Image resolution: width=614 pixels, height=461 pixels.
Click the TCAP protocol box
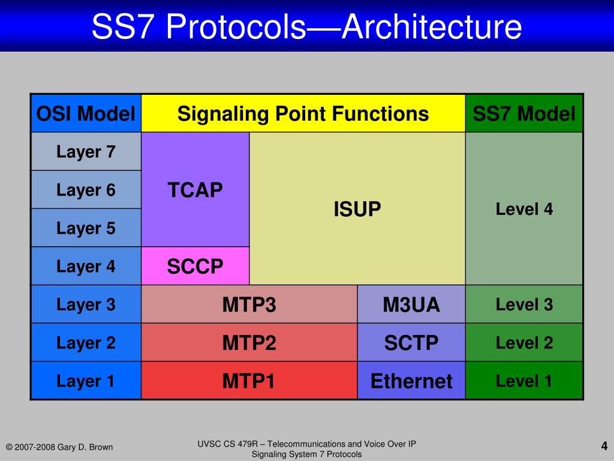pos(195,190)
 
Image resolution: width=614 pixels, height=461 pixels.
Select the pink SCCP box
pos(195,266)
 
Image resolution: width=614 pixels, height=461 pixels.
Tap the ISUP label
pos(357,209)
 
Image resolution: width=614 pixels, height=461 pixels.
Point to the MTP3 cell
pos(249,304)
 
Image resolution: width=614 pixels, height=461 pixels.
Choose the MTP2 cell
pos(249,343)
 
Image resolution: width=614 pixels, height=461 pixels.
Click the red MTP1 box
pos(249,381)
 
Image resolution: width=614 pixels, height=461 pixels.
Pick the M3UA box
pos(411,304)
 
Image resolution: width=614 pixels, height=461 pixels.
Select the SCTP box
pos(411,343)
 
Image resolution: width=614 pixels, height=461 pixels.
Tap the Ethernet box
pos(411,381)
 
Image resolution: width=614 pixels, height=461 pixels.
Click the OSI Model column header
pos(86,113)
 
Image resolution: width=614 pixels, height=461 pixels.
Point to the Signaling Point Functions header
pos(303,113)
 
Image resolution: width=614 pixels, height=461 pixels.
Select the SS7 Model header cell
pos(524,113)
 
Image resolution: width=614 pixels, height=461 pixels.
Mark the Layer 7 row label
pos(86,152)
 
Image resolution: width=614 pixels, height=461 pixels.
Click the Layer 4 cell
pos(86,266)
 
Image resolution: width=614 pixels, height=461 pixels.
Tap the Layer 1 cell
pos(86,381)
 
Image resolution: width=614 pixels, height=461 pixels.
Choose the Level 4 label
pos(524,209)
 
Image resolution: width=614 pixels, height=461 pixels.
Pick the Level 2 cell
pos(524,343)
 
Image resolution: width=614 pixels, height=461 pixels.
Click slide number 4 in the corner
pos(604,445)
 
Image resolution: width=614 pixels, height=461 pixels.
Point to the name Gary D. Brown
pos(85,447)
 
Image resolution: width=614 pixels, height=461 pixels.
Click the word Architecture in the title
pos(431,27)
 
